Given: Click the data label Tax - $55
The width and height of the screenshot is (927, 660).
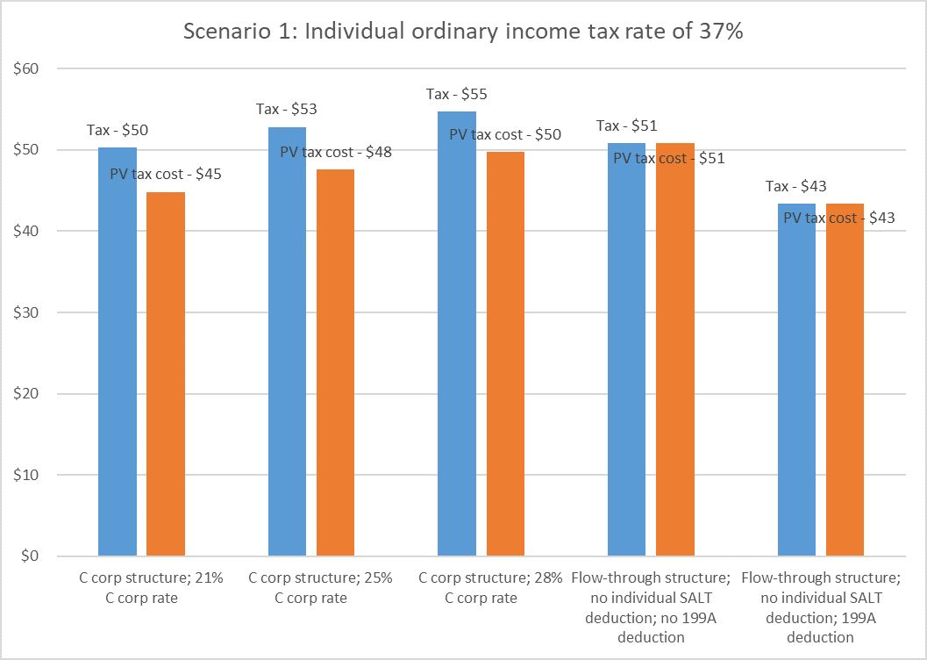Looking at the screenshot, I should pos(456,95).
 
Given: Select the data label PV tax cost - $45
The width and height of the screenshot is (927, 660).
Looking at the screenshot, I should pos(166,175).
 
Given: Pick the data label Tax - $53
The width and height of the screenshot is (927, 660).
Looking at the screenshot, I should pos(287,110).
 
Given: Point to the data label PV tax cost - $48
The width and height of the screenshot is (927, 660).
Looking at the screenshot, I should pos(336,152).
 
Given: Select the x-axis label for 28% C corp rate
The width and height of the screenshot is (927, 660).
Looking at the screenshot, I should pos(467,588).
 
